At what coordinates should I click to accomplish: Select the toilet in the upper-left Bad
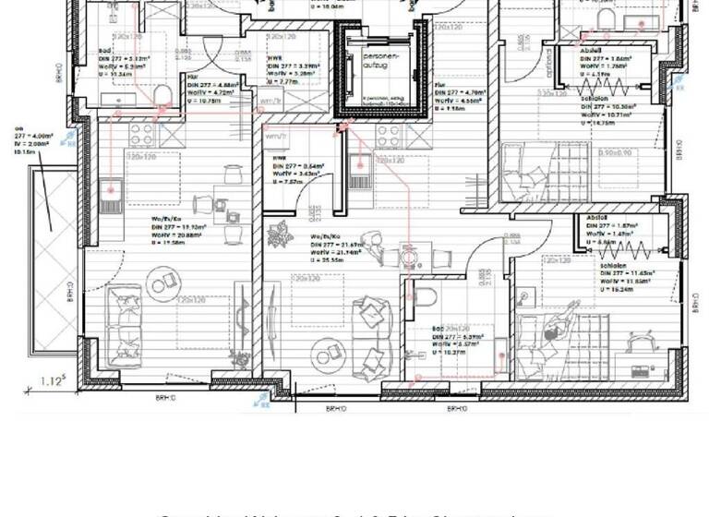pos(163,95)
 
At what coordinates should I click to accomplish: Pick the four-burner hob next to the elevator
pos(388,136)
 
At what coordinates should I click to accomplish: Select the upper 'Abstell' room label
pos(592,50)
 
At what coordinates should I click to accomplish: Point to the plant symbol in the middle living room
pos(279,235)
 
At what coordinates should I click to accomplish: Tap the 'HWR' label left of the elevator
pos(276,58)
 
